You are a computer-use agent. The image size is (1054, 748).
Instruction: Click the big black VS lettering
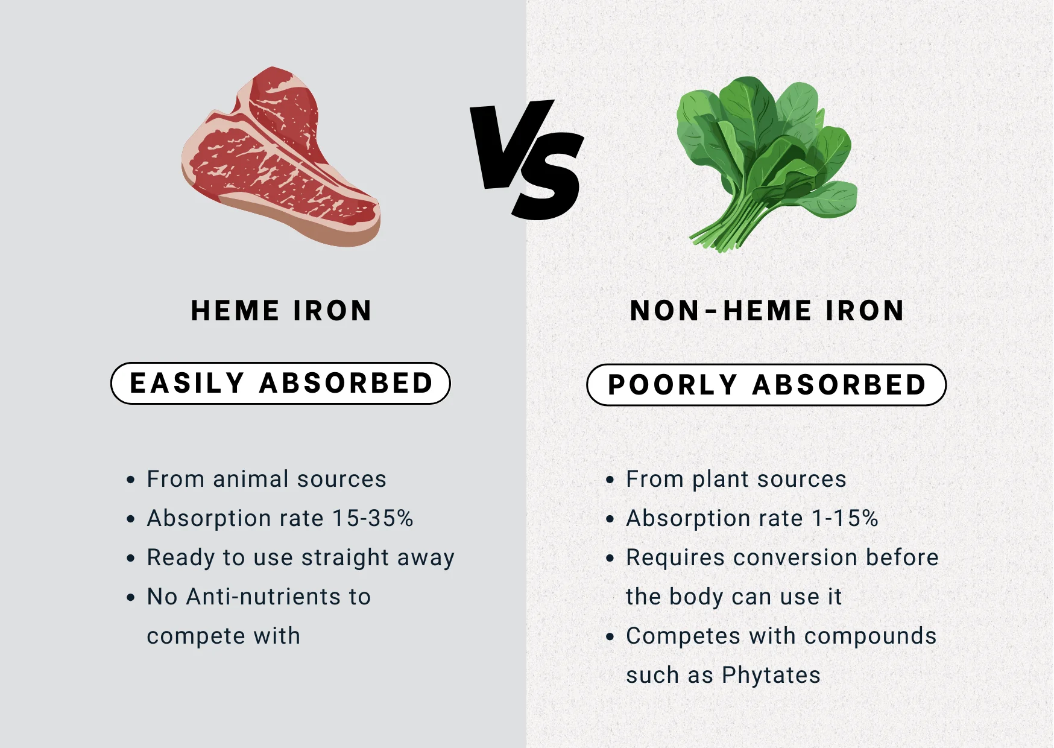coord(527,159)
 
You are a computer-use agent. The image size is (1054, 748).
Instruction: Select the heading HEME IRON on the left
coord(281,311)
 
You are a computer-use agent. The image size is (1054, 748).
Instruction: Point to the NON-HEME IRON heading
coord(767,311)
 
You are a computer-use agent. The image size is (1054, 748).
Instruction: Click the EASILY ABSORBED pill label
coord(281,383)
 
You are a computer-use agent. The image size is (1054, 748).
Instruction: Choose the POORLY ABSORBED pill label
coord(766,385)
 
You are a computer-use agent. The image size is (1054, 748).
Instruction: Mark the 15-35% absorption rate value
coord(373,518)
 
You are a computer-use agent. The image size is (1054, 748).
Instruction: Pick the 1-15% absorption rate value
coord(845,518)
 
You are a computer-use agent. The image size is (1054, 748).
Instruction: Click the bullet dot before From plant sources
coord(610,480)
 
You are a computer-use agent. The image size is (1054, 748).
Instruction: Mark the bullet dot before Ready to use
coord(131,559)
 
